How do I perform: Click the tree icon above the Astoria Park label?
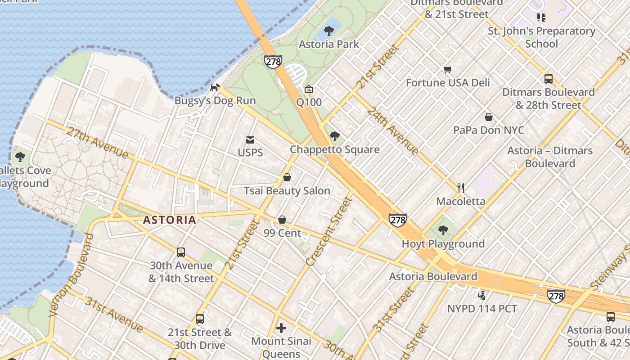point(329,31)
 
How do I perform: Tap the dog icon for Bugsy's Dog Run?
point(216,87)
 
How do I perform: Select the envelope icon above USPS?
point(250,140)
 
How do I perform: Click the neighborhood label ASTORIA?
point(170,220)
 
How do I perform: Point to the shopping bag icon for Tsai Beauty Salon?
point(287,178)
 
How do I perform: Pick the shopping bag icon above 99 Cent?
point(282,220)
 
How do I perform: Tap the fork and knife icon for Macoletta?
point(461,188)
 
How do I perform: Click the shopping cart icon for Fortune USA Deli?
point(448,70)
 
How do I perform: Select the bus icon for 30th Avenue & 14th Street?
point(181,252)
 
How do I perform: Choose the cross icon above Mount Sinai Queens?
point(281,328)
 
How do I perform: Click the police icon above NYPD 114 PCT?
point(482,296)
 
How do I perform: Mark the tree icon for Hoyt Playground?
point(443,231)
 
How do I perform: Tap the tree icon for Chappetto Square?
point(334,136)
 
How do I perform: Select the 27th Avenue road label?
point(97,142)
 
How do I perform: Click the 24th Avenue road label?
point(392,131)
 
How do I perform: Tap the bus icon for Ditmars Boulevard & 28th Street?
point(549,79)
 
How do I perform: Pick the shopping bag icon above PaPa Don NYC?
point(489,117)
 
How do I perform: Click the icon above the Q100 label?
point(309,89)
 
